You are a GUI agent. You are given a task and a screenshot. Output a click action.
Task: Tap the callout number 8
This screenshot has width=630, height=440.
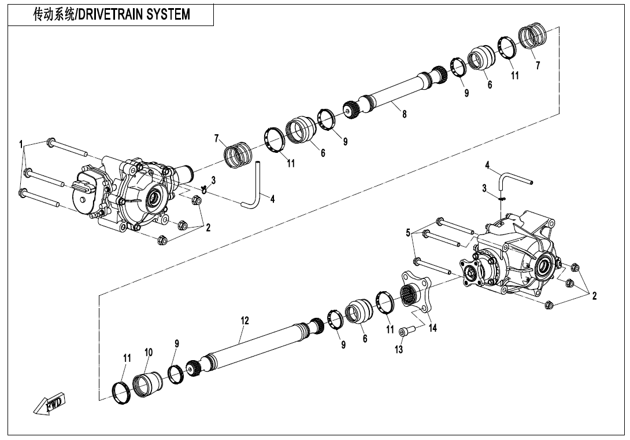pos(404,114)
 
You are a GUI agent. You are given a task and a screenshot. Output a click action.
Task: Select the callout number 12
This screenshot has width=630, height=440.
pos(244,321)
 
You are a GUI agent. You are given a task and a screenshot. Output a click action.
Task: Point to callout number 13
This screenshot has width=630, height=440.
pos(398,350)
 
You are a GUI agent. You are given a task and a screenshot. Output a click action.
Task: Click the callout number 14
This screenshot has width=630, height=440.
pos(432,328)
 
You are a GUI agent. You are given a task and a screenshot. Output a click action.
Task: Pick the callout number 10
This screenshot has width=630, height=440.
pos(149,353)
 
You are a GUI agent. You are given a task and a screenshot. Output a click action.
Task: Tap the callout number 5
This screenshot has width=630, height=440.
pos(408,233)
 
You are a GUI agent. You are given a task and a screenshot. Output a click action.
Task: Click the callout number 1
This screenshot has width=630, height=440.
pos(21,144)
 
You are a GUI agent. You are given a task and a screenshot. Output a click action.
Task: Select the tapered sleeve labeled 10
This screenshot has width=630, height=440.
pos(147,385)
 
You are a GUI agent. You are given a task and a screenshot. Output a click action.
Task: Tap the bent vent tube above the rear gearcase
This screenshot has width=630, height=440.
pos(516,179)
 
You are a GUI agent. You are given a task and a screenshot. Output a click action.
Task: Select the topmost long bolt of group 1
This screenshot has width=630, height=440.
pos(67,147)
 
